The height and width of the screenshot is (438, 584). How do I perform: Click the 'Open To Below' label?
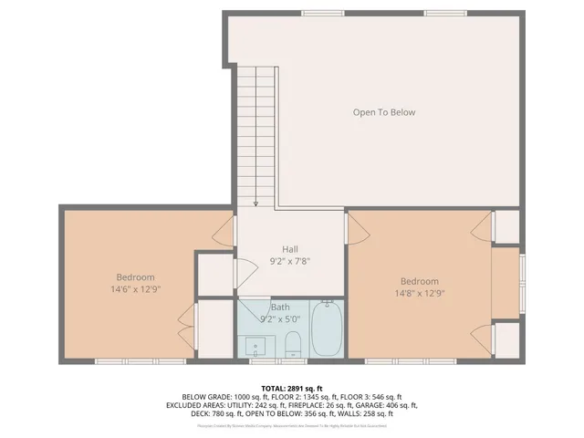click(x=384, y=112)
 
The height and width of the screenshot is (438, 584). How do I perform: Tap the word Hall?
click(x=290, y=249)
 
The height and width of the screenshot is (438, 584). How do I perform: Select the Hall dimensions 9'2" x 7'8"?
click(x=290, y=261)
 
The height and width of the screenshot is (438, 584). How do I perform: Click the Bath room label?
click(x=279, y=308)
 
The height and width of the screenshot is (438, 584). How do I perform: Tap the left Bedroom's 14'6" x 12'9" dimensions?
click(x=135, y=289)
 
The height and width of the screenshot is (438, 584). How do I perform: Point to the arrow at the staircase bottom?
click(x=256, y=203)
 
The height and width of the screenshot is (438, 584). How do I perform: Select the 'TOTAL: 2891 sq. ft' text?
click(x=292, y=388)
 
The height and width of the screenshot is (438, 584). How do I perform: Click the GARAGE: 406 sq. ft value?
click(x=386, y=404)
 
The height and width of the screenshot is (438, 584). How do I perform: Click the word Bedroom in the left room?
click(x=135, y=277)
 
